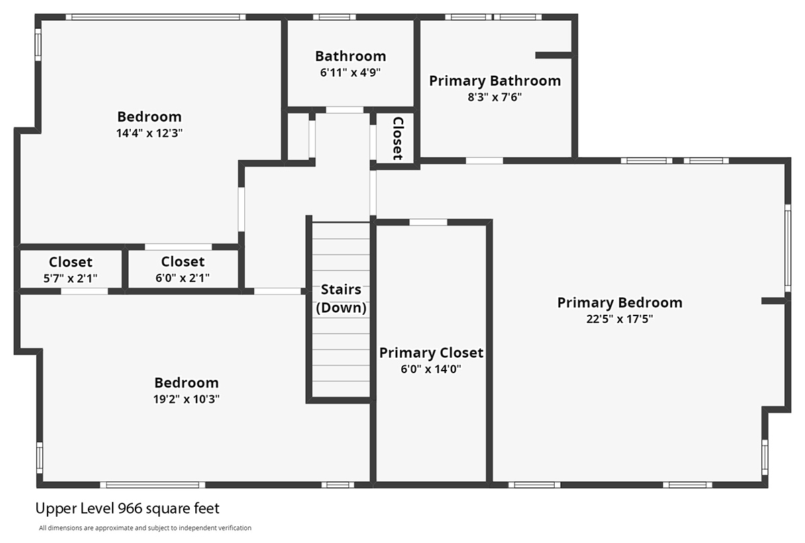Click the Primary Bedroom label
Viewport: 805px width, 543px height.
tap(620, 303)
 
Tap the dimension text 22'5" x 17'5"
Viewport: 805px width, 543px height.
tap(620, 319)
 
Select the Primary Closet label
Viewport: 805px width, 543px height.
tap(431, 353)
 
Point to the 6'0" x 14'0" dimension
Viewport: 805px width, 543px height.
tap(431, 369)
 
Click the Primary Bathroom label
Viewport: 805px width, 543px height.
tap(495, 81)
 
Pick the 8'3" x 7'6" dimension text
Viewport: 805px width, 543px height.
tap(494, 97)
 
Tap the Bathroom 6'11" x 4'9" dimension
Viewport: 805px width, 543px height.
tap(350, 72)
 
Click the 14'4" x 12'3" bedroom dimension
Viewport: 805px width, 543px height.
tap(149, 133)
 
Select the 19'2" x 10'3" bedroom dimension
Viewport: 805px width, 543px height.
tap(186, 399)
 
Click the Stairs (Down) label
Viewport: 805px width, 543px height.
tap(341, 299)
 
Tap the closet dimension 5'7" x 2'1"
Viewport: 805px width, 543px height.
tap(70, 279)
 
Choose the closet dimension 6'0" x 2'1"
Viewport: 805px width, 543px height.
tap(182, 278)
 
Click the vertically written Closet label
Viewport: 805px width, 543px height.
tap(397, 138)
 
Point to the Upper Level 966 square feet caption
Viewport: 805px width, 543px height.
tap(127, 509)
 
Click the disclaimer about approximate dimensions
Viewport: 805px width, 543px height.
tap(145, 528)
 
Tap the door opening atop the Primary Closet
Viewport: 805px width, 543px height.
tap(429, 222)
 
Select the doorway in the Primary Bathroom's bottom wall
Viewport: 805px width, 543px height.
tap(484, 160)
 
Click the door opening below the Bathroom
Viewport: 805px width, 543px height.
tap(345, 110)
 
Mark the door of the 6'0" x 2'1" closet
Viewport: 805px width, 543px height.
tap(178, 247)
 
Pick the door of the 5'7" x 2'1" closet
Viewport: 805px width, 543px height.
tap(85, 291)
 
